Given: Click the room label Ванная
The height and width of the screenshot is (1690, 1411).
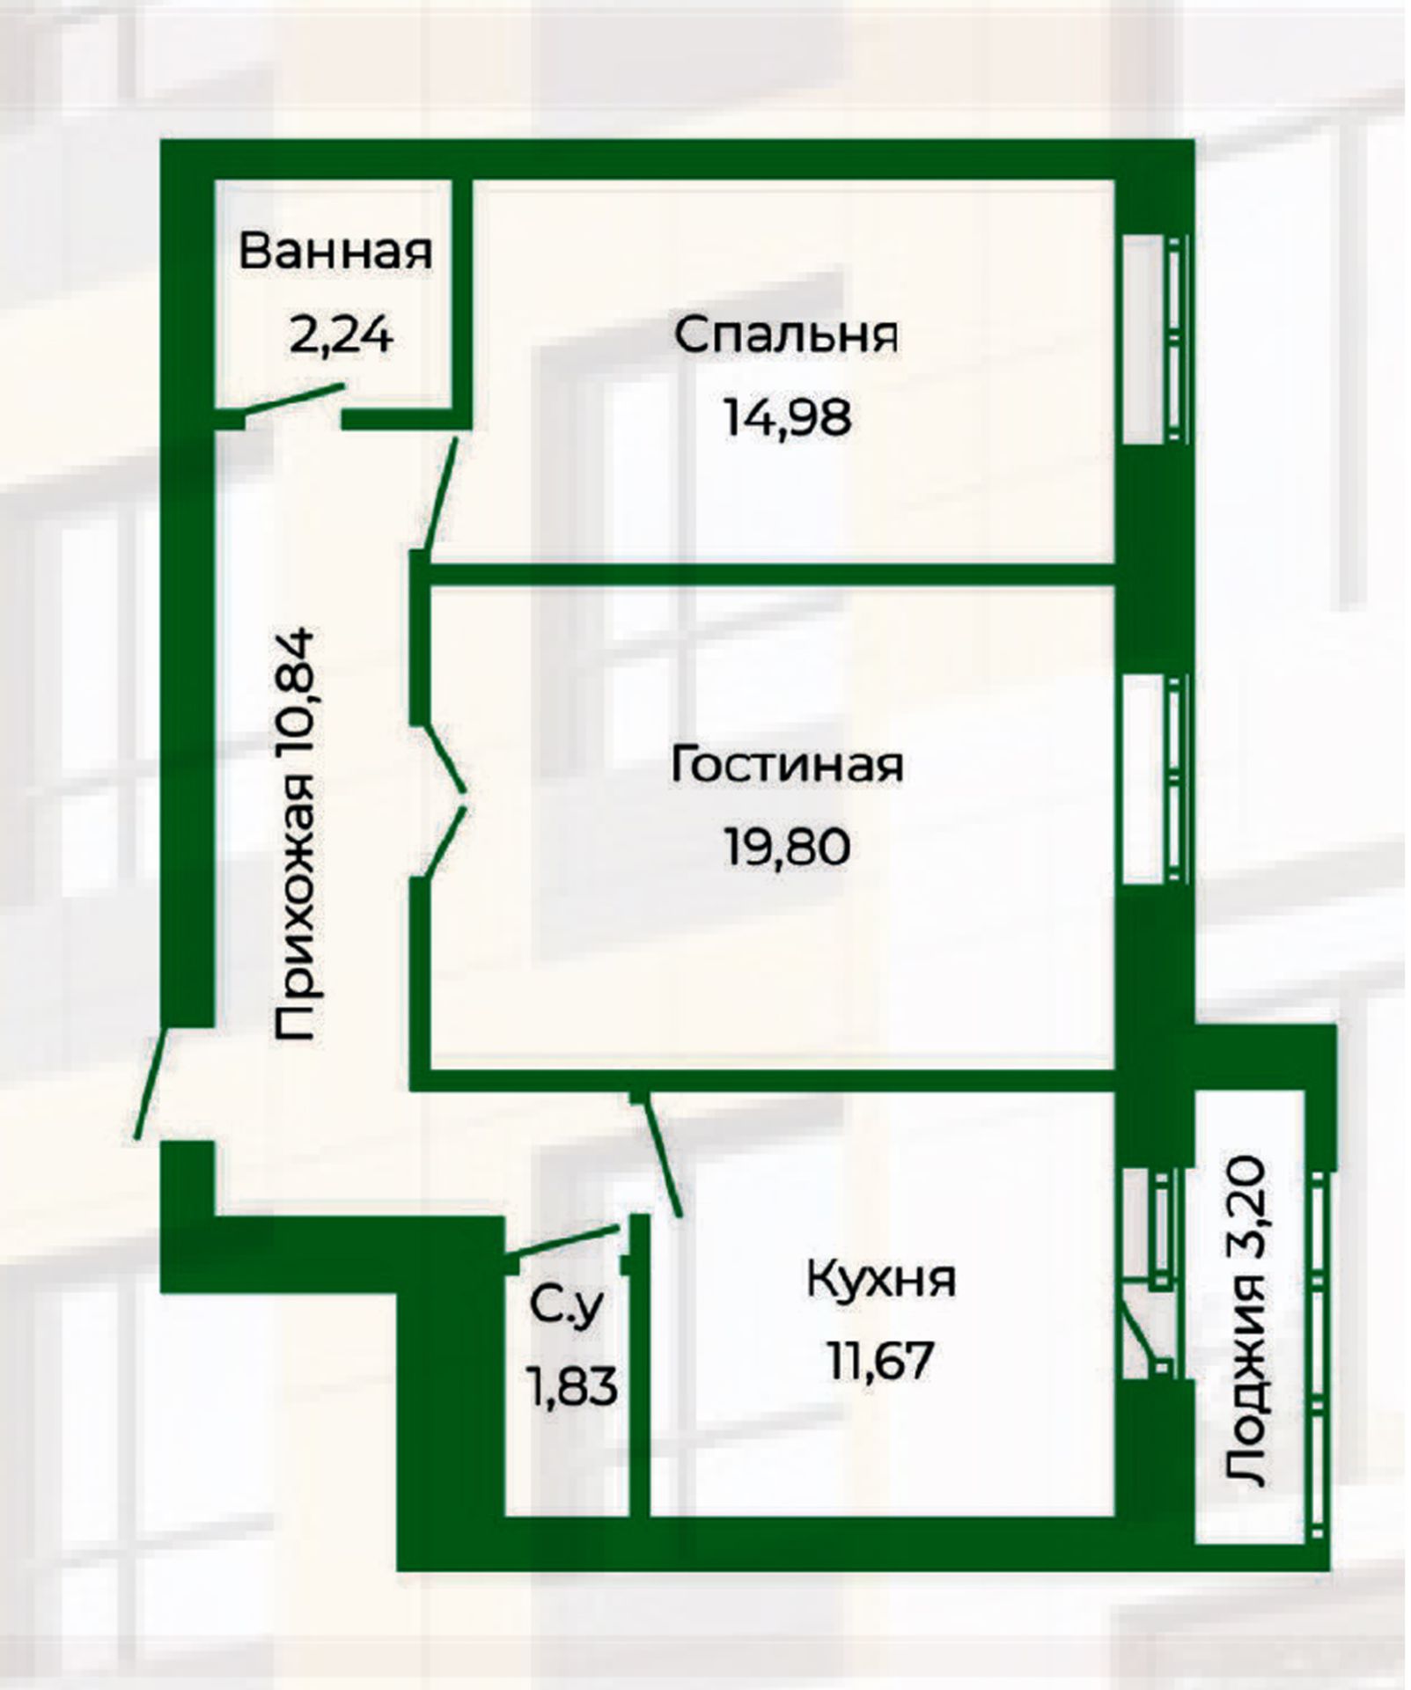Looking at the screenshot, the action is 335,252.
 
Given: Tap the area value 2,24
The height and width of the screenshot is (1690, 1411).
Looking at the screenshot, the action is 340,335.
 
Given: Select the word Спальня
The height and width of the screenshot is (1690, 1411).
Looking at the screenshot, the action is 787,336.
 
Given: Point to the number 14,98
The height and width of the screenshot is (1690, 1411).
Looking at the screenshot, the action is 787,417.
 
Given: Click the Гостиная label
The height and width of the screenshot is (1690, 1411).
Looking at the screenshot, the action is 787,764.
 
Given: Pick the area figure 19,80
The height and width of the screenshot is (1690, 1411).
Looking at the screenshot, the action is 787,847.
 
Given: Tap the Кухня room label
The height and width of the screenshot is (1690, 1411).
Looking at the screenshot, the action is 881,1279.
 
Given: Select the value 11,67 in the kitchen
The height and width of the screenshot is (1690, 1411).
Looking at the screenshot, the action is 879,1361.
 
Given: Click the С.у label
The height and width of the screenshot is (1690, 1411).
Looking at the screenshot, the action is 568,1308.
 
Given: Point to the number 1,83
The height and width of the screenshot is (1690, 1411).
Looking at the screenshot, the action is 571,1389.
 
